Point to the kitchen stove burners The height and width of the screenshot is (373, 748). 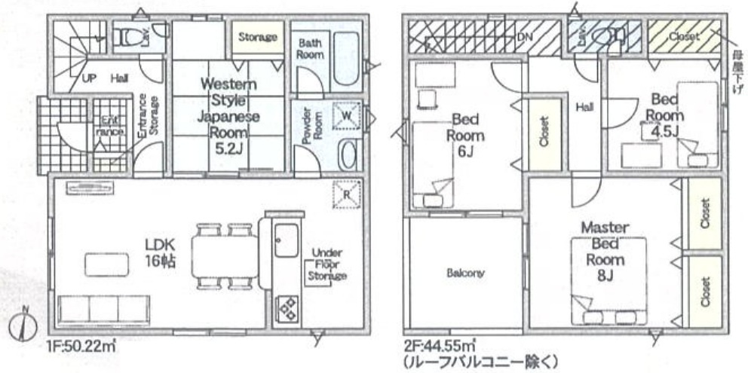tap(287, 307)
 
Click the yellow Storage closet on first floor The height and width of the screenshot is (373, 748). tap(257, 36)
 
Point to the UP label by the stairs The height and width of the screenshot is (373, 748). tap(88, 78)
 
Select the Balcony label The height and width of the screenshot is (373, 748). tap(464, 273)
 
